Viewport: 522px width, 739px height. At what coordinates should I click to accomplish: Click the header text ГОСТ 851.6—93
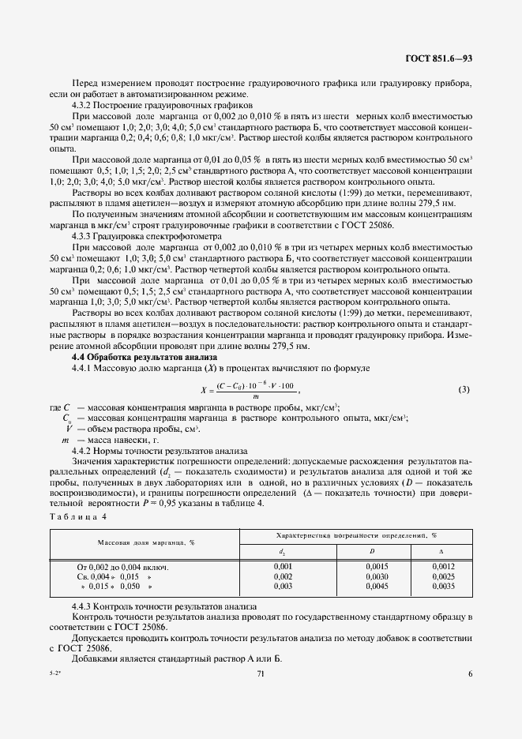[x=439, y=59]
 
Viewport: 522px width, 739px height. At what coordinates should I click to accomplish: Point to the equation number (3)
[x=464, y=389]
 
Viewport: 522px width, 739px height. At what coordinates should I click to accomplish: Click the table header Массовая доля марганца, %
[x=146, y=542]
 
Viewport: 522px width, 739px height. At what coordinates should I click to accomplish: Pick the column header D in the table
[x=371, y=551]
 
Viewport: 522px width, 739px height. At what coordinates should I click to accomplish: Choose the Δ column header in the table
[x=441, y=551]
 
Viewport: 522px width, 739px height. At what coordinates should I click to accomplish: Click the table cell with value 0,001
[x=282, y=567]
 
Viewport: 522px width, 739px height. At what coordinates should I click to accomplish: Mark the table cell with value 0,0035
[x=444, y=587]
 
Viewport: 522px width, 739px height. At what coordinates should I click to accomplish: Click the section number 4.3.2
[x=84, y=104]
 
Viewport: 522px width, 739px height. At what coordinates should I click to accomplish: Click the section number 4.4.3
[x=84, y=606]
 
